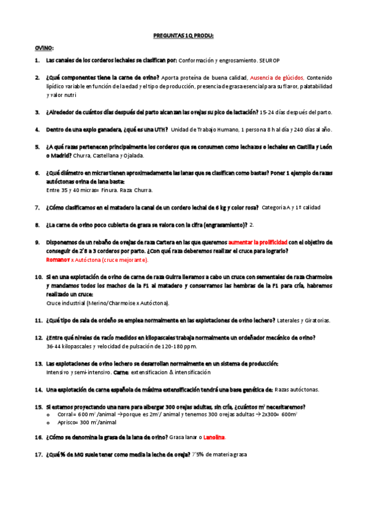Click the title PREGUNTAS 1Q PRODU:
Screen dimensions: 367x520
coord(183,36)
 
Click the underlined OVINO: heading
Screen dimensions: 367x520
coord(44,48)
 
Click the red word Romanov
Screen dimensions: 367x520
coord(58,259)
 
